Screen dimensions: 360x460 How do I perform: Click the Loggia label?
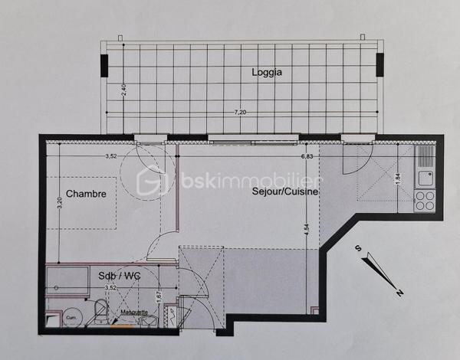tap(267, 73)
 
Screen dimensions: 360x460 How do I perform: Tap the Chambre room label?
tap(86, 194)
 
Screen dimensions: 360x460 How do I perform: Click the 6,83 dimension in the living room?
tap(307, 156)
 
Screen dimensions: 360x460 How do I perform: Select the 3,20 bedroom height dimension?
tap(59, 205)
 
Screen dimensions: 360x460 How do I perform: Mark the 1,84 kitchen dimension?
tap(397, 178)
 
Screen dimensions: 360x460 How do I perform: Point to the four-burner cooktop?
tap(425, 201)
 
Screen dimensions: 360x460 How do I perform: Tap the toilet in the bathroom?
tap(99, 311)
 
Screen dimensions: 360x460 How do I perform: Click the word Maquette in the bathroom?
tap(134, 312)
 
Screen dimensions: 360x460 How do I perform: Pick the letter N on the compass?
tap(399, 292)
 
